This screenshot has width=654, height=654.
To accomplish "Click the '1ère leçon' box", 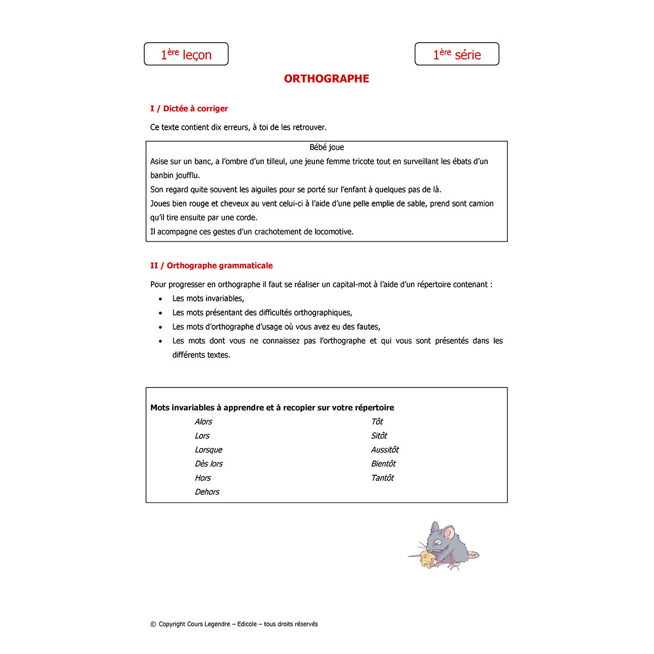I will (x=186, y=54).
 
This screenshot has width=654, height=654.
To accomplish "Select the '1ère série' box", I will (x=457, y=54).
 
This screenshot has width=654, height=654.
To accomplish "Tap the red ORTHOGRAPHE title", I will (x=326, y=78).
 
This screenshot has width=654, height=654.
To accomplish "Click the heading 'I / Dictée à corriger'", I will (x=189, y=108).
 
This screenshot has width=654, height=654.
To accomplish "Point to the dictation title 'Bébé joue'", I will (x=326, y=147).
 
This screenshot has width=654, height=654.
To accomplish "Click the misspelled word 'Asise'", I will (x=160, y=161).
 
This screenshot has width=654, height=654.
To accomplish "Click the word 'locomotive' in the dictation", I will (x=333, y=232).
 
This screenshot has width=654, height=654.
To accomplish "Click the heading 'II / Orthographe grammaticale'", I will (x=211, y=265).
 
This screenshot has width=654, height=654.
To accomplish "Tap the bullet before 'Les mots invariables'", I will (x=160, y=299).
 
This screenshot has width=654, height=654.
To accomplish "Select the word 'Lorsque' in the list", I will (x=208, y=450).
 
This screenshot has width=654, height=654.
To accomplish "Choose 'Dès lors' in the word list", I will (x=209, y=464).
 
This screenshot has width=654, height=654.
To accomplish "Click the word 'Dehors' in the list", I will (x=207, y=492).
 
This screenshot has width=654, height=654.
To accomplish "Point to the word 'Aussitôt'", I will (x=385, y=450).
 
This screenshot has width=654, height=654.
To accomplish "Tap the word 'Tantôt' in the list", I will (x=382, y=478).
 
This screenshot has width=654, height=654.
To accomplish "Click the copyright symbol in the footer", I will (x=153, y=625).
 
